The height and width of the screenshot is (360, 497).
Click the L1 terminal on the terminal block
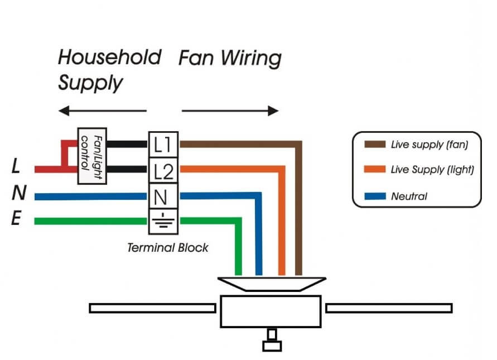pyautogui.click(x=163, y=145)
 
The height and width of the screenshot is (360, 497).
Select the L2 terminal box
pyautogui.click(x=163, y=170)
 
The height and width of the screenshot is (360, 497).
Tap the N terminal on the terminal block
pyautogui.click(x=163, y=196)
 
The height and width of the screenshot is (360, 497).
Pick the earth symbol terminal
pyautogui.click(x=163, y=222)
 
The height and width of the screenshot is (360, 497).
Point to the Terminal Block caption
pyautogui.click(x=167, y=247)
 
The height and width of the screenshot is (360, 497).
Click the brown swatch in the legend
pyautogui.click(x=375, y=145)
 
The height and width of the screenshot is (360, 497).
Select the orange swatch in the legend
pyautogui.click(x=375, y=170)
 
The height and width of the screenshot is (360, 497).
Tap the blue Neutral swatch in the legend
pyautogui.click(x=375, y=196)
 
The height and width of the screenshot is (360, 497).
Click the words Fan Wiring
pyautogui.click(x=230, y=58)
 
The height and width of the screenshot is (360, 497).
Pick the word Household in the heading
pyautogui.click(x=109, y=57)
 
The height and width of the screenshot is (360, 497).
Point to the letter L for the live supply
pyautogui.click(x=16, y=166)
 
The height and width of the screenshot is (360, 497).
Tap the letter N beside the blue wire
pyautogui.click(x=18, y=193)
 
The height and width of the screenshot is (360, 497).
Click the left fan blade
pyautogui.click(x=152, y=308)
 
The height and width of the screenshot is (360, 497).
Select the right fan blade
pyautogui.click(x=389, y=308)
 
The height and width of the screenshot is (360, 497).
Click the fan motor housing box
pyautogui.click(x=271, y=311)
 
